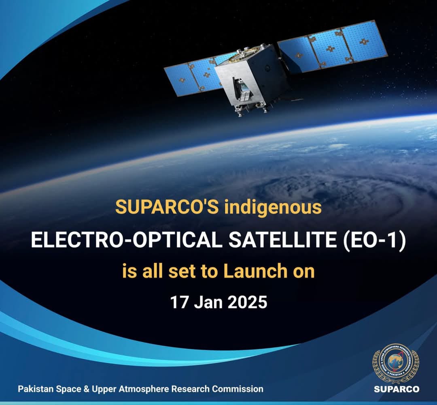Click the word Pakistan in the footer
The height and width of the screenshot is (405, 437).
tap(34, 389)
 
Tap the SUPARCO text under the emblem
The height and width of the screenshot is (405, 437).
tap(396, 389)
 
